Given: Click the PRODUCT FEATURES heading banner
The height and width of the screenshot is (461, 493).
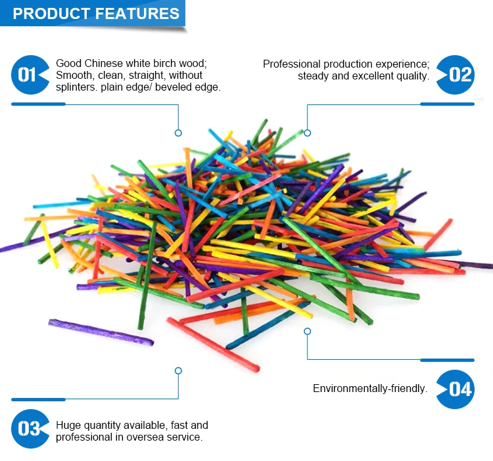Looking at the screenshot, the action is pos(96,14).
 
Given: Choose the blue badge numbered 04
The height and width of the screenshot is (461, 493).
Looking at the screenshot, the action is pos(458,389).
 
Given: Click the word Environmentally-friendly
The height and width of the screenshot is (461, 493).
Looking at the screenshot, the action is pos(369,389).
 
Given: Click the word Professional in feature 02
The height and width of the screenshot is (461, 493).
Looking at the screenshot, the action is pos(291,64).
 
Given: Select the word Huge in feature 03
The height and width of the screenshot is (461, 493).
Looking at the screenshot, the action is pos(68,425).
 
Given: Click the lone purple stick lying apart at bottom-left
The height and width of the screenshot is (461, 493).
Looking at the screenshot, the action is pos(101,332).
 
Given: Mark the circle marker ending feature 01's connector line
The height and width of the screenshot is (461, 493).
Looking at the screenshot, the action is pos(178,133).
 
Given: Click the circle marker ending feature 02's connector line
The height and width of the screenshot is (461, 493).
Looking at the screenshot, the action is pos(307,133).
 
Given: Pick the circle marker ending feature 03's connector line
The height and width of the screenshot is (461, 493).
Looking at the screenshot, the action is pos(178,370).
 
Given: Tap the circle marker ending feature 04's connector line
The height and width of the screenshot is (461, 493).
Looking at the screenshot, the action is pos(307,331).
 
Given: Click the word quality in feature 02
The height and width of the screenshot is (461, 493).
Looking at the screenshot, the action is pos(411,76).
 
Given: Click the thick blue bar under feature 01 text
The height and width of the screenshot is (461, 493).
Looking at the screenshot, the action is pos(38,104).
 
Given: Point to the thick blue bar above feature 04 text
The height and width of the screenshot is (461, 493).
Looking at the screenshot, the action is pos(447,360).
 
